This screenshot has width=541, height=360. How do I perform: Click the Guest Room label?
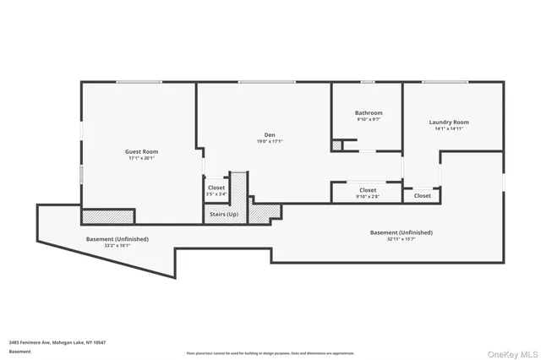(x=137, y=151)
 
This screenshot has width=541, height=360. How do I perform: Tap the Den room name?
(x=270, y=134)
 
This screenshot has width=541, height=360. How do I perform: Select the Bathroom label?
(x=369, y=113)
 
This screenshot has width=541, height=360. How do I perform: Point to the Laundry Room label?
(x=449, y=123)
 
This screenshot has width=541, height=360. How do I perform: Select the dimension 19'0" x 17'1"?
(x=270, y=141)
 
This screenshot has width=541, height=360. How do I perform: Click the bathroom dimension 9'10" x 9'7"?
(x=369, y=120)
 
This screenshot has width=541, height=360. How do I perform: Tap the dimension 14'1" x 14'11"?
(x=449, y=129)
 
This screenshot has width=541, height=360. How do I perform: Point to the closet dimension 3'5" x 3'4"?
(x=216, y=194)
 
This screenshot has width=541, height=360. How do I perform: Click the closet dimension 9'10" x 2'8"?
(x=368, y=197)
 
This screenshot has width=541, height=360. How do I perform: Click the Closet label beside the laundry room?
(x=422, y=195)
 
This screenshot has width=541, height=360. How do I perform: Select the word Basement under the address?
(x=19, y=352)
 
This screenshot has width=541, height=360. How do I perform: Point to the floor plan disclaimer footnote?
(x=270, y=353)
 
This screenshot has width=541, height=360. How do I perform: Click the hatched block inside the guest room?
(x=108, y=216)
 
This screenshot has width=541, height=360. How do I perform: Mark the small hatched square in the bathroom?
(x=337, y=146)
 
